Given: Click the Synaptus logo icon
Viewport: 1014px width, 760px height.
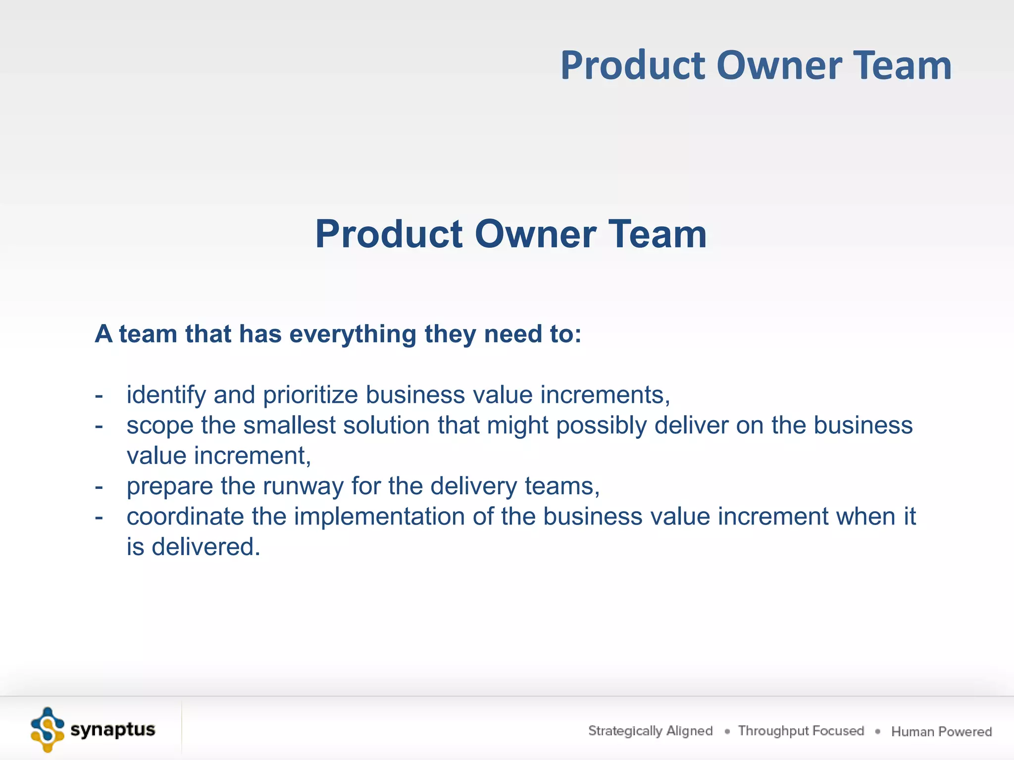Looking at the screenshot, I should pyautogui.click(x=48, y=730).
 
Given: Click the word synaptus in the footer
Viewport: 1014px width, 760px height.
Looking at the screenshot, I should pyautogui.click(x=113, y=730).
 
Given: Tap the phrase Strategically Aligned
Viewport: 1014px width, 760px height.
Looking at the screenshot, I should pyautogui.click(x=650, y=731).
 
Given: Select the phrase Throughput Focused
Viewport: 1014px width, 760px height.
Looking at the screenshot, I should pyautogui.click(x=801, y=731).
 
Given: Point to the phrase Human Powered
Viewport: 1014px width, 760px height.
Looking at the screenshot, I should pyautogui.click(x=941, y=731).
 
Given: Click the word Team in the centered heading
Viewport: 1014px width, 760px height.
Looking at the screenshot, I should pyautogui.click(x=657, y=234).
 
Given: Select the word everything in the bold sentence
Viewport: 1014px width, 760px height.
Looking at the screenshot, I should pyautogui.click(x=353, y=334).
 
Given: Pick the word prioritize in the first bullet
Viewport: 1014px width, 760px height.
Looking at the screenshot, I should pyautogui.click(x=310, y=395).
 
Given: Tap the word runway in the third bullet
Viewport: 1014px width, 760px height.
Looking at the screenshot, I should pyautogui.click(x=303, y=486).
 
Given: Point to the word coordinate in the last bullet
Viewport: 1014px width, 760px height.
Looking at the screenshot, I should pyautogui.click(x=185, y=517).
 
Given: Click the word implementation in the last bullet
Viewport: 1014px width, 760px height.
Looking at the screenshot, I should pyautogui.click(x=379, y=517).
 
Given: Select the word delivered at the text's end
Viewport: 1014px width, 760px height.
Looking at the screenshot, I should pyautogui.click(x=205, y=547).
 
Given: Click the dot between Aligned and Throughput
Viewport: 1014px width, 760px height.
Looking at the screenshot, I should pyautogui.click(x=727, y=731).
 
